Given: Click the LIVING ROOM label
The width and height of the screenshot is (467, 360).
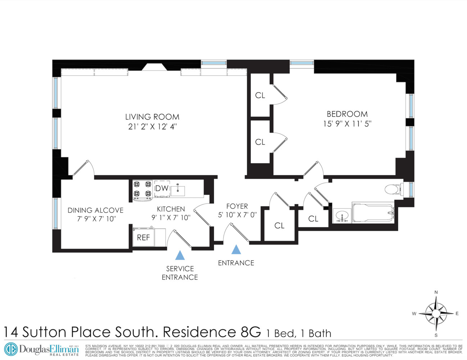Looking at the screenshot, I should (x=152, y=117).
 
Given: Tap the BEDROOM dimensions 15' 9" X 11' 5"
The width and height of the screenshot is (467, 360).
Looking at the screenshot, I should (x=347, y=123).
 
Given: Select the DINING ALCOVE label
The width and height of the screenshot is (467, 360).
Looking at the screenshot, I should (x=95, y=210).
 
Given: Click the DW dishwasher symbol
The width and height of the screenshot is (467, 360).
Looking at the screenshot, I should (x=162, y=188).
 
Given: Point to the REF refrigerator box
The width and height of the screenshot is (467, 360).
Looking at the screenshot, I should (x=144, y=237).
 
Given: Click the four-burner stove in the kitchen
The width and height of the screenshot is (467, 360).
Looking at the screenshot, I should (x=142, y=189).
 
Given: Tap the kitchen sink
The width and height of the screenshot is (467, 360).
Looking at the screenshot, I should (x=178, y=190).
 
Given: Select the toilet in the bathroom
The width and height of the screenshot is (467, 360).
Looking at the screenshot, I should (x=393, y=189).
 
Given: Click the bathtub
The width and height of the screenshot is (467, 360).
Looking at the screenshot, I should (x=372, y=213).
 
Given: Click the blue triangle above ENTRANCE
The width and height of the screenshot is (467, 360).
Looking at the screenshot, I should (x=236, y=249).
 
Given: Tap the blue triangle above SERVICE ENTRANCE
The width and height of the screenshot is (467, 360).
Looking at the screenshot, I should (x=180, y=255).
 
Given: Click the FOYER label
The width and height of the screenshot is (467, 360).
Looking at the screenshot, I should (x=237, y=206).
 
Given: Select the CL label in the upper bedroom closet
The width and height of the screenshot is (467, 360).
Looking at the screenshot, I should (x=260, y=95).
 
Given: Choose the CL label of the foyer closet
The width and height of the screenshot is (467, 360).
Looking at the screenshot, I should (x=279, y=226).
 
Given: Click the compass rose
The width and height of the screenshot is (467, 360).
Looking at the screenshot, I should (x=436, y=313).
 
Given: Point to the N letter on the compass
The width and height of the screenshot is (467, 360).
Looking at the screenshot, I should (x=436, y=292).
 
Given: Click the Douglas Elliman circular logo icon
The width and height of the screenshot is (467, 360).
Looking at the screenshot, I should (x=11, y=349).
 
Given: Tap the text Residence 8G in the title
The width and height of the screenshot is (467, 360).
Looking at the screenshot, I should (x=212, y=332).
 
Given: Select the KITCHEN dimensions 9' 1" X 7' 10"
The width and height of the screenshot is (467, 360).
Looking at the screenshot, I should (x=171, y=217).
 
